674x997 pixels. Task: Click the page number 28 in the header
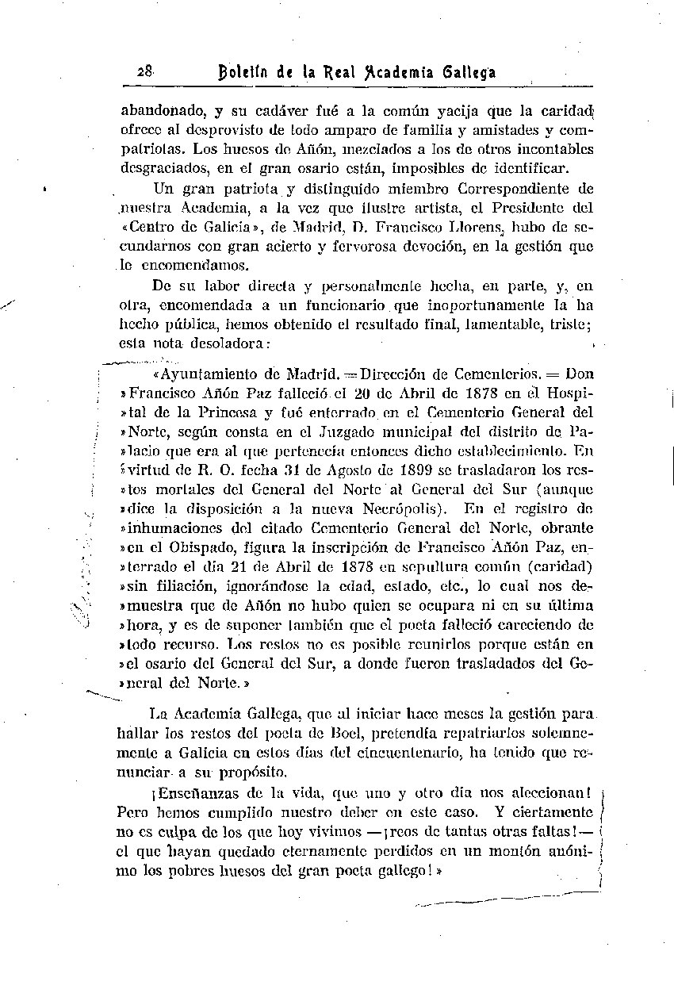pos(144,71)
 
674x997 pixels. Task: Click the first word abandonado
pos(159,111)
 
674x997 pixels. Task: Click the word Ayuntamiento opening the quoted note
pos(209,374)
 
